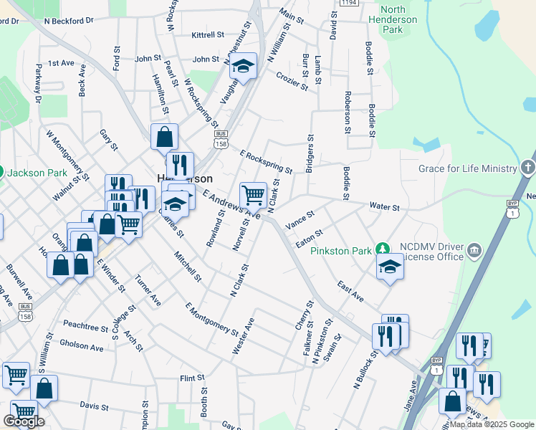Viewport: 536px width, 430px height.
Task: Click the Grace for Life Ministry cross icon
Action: [x=527, y=168]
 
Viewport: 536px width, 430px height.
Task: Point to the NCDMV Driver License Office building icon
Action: [x=474, y=250]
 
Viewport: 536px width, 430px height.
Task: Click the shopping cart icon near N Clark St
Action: [x=253, y=194]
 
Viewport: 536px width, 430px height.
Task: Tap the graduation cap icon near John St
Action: [x=244, y=67]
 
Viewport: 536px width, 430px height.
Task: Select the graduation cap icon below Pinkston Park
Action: [x=390, y=267]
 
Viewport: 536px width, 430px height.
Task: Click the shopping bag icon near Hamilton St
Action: [x=164, y=135]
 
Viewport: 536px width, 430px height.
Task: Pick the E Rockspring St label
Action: [x=266, y=162]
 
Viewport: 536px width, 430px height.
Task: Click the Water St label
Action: [x=384, y=206]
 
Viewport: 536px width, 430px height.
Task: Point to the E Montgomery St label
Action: [x=211, y=320]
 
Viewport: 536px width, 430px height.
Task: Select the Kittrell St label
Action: [x=209, y=35]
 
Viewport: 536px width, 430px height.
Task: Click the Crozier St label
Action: [x=292, y=81]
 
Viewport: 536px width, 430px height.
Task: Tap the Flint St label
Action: [x=192, y=378]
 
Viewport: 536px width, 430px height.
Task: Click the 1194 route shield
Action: [x=349, y=3]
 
